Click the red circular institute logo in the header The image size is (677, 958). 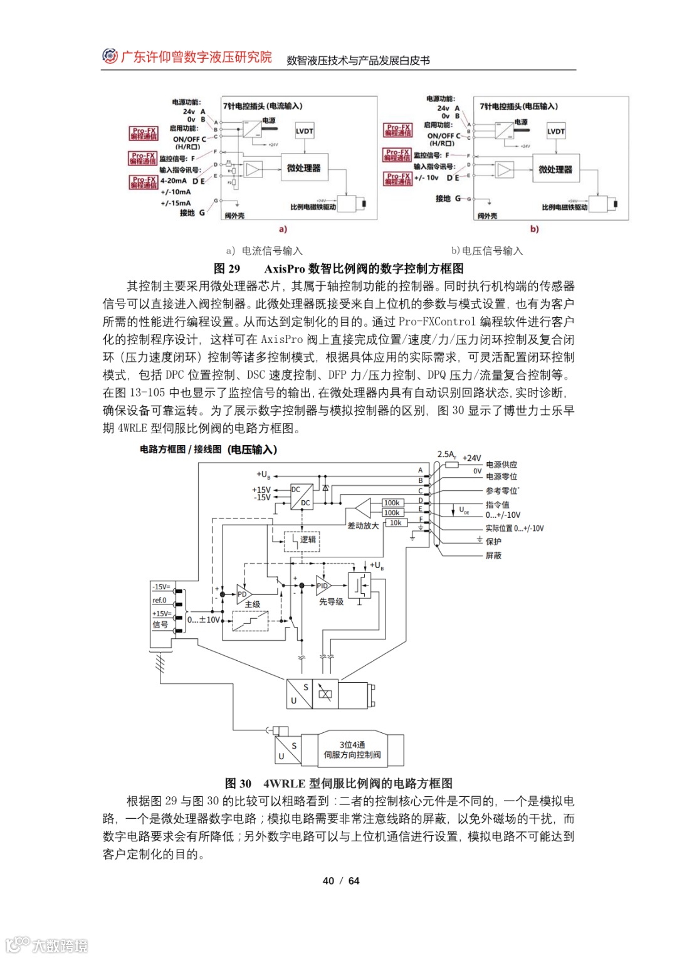point(110,56)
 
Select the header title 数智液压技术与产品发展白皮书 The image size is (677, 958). point(358,60)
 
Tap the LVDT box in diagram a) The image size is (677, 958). point(304,131)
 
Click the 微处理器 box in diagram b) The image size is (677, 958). point(555,169)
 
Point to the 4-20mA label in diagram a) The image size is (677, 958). point(173,181)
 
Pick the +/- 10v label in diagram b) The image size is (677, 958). point(426,177)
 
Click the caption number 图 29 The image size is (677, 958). point(227,269)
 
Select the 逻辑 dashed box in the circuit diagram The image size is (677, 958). point(303,540)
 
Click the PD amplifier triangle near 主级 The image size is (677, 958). point(244,594)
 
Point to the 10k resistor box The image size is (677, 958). point(396,522)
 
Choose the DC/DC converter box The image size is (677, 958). point(302,496)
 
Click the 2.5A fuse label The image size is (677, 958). point(446,455)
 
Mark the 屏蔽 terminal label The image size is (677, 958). point(493,555)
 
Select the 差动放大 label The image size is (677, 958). point(363,525)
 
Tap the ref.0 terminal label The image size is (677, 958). point(159,600)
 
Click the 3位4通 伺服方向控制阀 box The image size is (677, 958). point(352,750)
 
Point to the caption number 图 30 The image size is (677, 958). point(238,784)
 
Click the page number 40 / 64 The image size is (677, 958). point(341,881)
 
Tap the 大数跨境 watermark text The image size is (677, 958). point(60,945)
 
